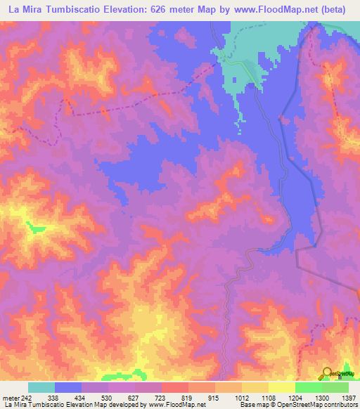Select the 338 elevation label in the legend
[55, 398]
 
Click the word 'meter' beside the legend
[9, 398]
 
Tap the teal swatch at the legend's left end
[41, 387]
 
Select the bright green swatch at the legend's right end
[335, 387]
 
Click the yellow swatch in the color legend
[281, 387]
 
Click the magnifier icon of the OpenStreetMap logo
[328, 372]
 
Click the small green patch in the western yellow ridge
[33, 226]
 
